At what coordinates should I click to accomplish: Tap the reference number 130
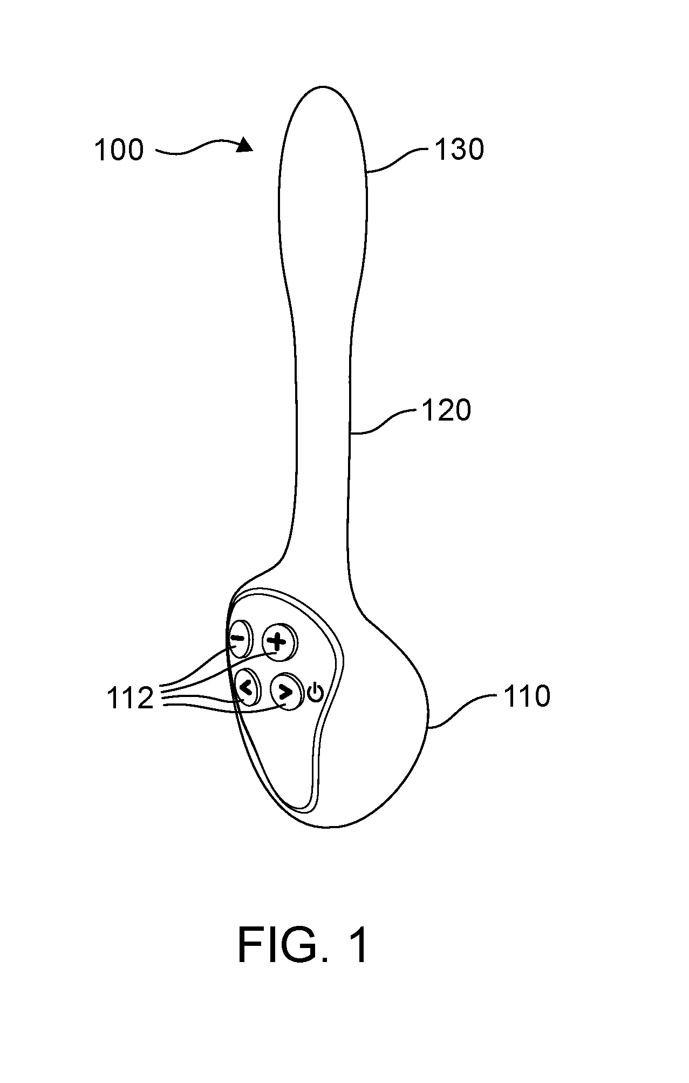(x=459, y=150)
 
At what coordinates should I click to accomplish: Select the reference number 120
(x=446, y=410)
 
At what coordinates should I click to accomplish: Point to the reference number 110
(x=527, y=696)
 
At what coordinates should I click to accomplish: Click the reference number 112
(x=130, y=699)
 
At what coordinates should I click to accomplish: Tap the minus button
(x=240, y=638)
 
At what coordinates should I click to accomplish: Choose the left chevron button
(x=247, y=687)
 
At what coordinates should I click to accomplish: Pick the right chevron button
(x=285, y=691)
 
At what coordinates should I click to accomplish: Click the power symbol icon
(x=316, y=692)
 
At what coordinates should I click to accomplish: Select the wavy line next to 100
(x=197, y=148)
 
